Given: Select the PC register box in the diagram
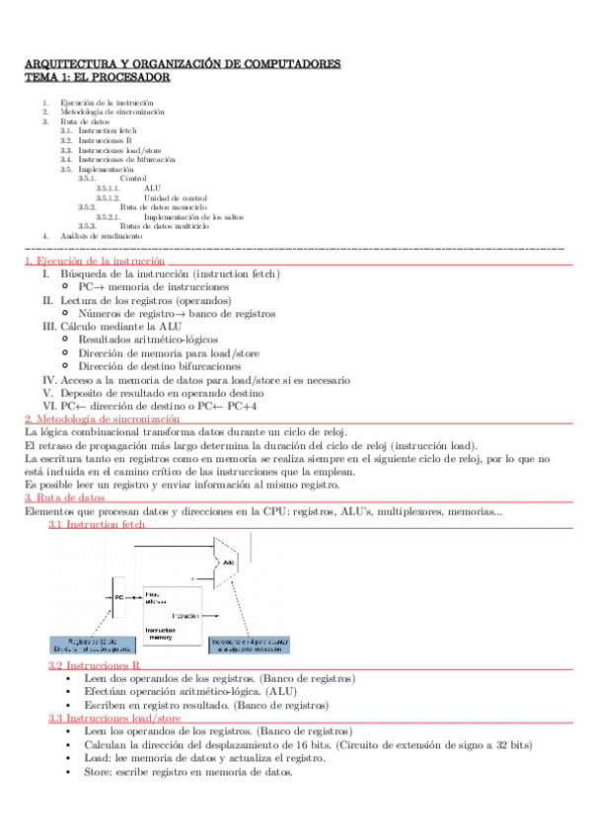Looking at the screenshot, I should point(119,597).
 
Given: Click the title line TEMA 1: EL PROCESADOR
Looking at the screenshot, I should point(97,77).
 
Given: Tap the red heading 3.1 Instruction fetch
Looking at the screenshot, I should point(97,525).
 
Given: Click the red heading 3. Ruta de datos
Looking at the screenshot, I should point(63,498).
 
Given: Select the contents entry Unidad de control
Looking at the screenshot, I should point(177,197).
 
